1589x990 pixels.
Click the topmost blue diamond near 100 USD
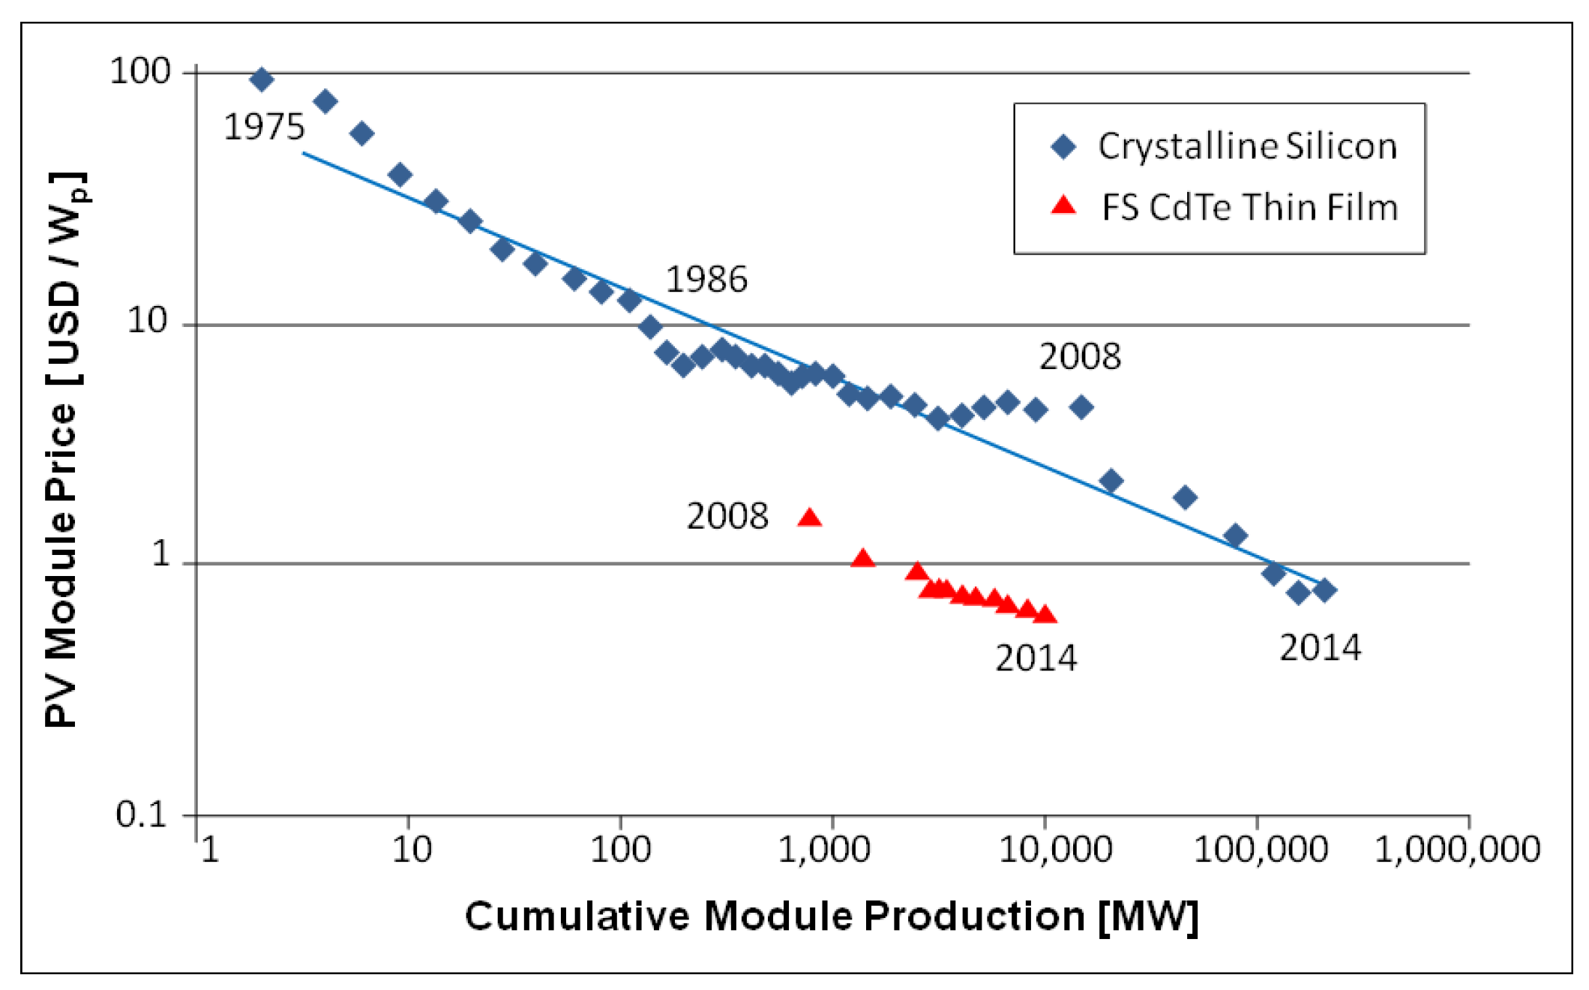(261, 79)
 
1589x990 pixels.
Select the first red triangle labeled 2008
(809, 517)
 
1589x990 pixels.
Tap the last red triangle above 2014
(1045, 615)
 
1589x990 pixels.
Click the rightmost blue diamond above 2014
(1324, 590)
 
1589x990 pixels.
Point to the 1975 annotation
(264, 127)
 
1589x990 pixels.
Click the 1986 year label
(706, 280)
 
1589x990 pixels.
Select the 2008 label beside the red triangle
(727, 517)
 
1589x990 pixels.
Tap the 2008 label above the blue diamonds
(1080, 356)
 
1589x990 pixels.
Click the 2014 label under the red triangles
(1036, 658)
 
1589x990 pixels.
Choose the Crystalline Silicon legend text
(1247, 146)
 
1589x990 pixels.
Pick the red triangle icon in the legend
(1063, 205)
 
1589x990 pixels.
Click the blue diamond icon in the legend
(1063, 146)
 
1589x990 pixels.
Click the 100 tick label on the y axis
(140, 71)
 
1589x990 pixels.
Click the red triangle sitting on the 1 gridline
(862, 559)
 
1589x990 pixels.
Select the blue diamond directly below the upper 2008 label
(1081, 407)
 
